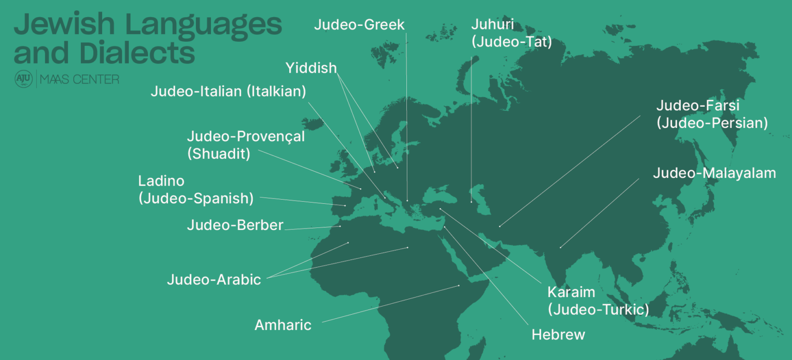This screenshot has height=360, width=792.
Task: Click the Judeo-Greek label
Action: point(359,24)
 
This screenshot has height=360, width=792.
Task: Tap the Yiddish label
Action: point(311,68)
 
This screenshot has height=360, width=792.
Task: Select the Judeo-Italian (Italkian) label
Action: point(228,92)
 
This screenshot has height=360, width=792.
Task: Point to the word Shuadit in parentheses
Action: point(219,154)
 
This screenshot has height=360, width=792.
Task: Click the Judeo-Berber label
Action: point(235,225)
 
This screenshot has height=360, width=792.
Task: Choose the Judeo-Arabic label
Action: point(214,280)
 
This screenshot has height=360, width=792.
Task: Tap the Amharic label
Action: point(283,325)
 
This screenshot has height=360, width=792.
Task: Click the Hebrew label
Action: point(558,335)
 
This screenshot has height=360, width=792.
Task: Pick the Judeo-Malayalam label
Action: point(714,173)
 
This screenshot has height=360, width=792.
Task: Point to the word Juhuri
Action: point(492,24)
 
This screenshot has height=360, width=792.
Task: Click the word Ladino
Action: point(161,181)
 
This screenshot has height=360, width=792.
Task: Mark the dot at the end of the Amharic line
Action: point(458,286)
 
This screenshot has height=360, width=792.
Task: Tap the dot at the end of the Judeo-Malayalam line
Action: point(560,248)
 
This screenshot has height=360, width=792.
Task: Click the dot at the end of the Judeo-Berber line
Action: point(340,226)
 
